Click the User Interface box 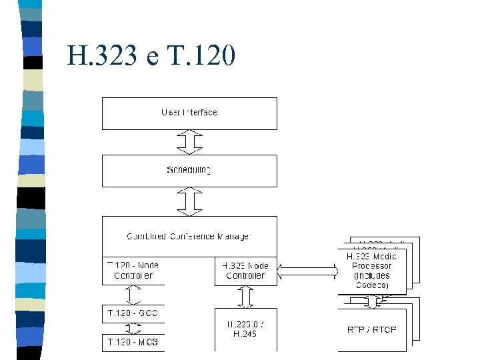[x=189, y=113]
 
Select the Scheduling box [x=189, y=171]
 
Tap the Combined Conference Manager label [x=189, y=236]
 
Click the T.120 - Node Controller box [x=133, y=271]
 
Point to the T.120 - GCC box [x=133, y=313]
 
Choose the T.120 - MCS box [x=133, y=343]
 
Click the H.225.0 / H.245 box [x=245, y=329]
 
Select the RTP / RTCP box [x=372, y=329]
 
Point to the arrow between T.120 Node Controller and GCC [x=134, y=294]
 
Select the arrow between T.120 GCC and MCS [x=134, y=328]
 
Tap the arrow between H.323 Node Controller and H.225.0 [x=246, y=297]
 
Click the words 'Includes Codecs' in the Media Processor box [x=372, y=281]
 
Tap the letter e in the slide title [x=154, y=58]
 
